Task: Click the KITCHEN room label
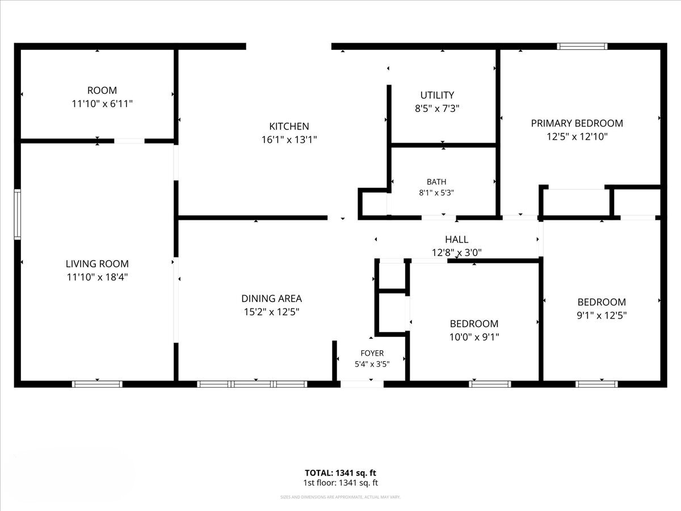pos(289,126)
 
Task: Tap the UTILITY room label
pos(437,95)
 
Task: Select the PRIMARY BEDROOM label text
pos(577,123)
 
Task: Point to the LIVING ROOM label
pos(97,263)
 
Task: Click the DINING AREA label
pos(271,299)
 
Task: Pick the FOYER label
pos(372,353)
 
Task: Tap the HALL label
pos(457,240)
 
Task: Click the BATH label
pos(436,182)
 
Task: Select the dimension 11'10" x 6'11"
pos(102,104)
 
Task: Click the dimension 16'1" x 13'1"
pos(289,140)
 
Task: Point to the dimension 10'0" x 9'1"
pos(474,337)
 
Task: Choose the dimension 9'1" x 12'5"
pos(602,315)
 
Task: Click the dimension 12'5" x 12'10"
pos(577,136)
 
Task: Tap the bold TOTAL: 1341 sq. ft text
pos(340,473)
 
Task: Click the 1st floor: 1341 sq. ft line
pos(340,483)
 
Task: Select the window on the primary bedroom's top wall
pos(582,47)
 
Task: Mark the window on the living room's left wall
pos(18,215)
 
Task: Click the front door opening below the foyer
pos(362,384)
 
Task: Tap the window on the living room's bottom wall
pos(97,384)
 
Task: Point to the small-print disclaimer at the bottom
pos(340,497)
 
